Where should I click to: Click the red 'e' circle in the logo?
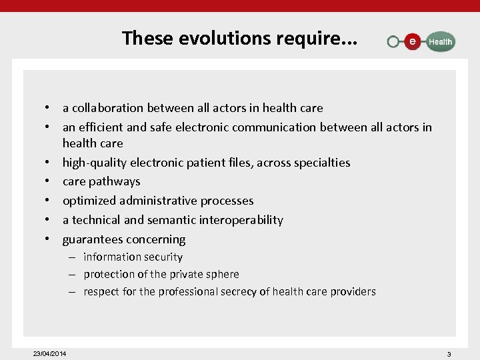(413, 41)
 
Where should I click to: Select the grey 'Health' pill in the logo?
(440, 41)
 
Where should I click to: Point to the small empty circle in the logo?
(393, 42)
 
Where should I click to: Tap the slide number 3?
(449, 354)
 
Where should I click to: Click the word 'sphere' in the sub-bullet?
(223, 275)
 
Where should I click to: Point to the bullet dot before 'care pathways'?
(49, 181)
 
